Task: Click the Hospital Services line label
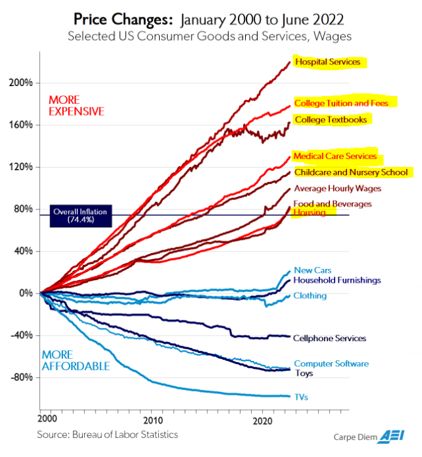(328, 62)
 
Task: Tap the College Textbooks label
(329, 120)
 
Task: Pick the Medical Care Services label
(335, 156)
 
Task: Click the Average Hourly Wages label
(337, 189)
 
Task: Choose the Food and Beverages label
(333, 204)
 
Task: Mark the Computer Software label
(331, 364)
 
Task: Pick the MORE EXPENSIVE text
(76, 105)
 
